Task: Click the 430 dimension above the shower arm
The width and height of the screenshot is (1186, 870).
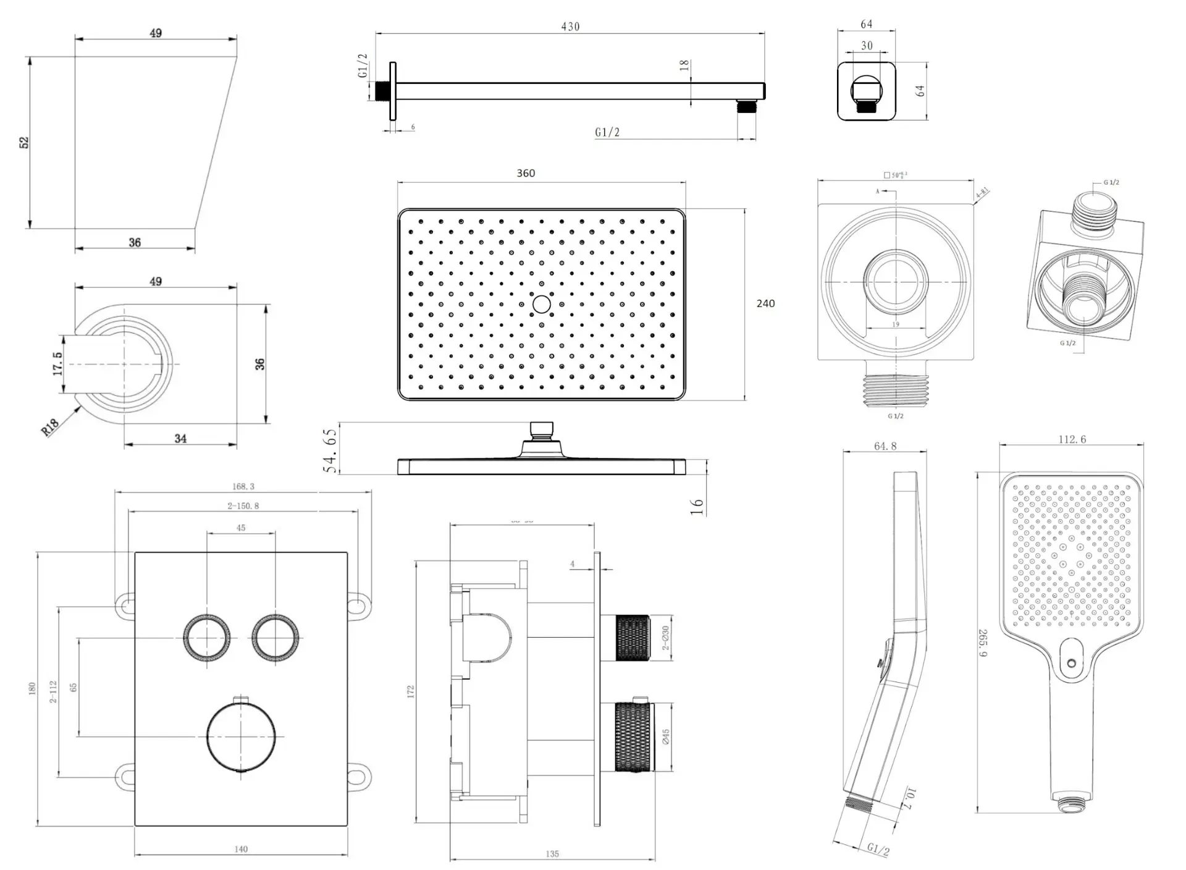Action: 570,27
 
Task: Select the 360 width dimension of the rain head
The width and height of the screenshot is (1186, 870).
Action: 526,173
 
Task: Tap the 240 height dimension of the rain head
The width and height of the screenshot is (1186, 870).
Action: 765,303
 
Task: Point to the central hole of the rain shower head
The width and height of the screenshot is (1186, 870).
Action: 542,304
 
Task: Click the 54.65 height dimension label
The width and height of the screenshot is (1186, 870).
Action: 331,450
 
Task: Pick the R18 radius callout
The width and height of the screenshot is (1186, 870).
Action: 51,426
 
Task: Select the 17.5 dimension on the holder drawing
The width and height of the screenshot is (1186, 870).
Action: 57,364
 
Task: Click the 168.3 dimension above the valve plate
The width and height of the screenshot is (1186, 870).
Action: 243,486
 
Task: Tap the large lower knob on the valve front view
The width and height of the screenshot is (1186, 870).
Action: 241,737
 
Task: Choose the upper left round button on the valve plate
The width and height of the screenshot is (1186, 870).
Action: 207,638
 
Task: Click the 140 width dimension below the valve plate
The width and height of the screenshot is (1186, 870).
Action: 241,850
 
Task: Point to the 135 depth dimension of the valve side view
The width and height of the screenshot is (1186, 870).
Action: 552,854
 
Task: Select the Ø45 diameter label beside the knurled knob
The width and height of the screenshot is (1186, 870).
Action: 666,737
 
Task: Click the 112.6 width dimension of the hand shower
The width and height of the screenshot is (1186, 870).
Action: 1072,439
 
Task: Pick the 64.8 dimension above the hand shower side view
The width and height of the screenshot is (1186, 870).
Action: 885,446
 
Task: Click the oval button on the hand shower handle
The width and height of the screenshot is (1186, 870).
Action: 1072,662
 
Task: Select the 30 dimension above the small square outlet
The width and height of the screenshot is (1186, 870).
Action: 867,46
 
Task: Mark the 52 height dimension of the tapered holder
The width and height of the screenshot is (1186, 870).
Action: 24,142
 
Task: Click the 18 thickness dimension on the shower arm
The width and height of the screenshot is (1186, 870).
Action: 684,65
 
